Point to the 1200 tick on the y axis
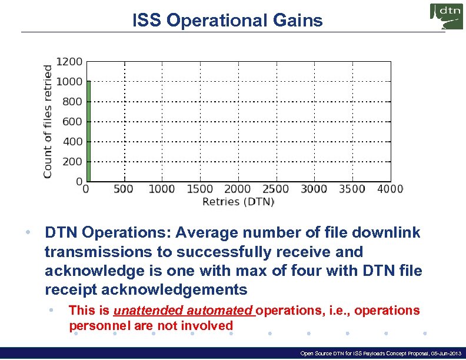coord(69,61)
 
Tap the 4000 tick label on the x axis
coord(389,189)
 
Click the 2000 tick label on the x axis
coord(238,189)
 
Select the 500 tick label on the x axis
coord(123,189)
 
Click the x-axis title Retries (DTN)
coord(238,202)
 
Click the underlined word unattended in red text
coord(141,311)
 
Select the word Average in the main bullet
coord(191,233)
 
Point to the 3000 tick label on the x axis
coord(314,189)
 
